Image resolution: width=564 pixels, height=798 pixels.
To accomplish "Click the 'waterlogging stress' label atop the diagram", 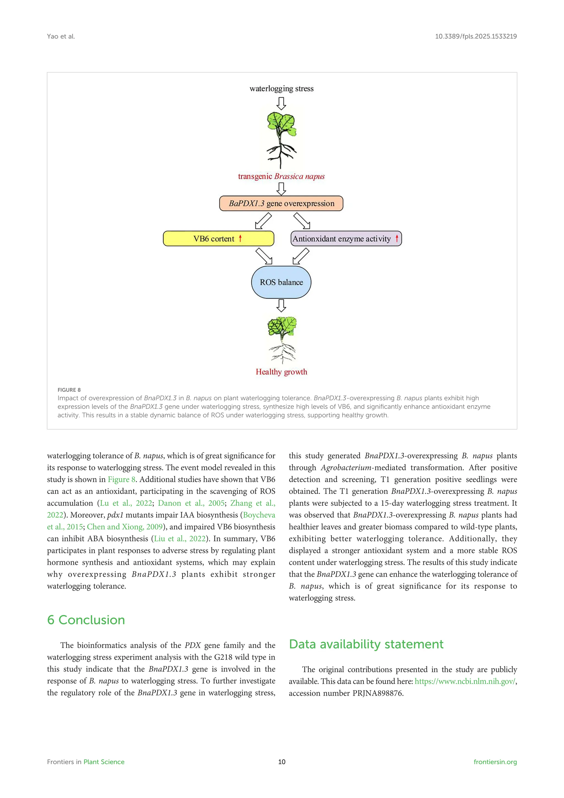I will coord(281,89).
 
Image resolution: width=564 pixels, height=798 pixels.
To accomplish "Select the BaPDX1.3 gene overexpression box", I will coord(281,203).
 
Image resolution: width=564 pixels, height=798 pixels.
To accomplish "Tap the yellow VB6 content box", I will coord(218,239).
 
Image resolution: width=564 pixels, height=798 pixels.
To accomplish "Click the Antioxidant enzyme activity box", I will coord(346,239).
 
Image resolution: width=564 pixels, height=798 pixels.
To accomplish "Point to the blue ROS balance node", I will coord(281,282).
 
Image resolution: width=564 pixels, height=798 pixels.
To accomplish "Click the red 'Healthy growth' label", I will coord(281,372).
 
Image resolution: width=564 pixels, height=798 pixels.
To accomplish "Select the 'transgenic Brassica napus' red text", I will coord(281,176).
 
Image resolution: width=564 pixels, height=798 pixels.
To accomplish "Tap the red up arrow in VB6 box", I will coord(240,238).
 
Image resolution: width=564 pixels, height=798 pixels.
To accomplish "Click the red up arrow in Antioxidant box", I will coord(397,238).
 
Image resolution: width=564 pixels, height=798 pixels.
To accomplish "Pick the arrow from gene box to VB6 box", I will coord(263,221).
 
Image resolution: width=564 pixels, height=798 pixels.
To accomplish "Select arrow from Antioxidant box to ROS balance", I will coord(301,256).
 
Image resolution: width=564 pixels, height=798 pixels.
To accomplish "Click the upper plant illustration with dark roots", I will coord(281,139).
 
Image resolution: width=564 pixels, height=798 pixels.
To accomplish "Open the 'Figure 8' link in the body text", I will coord(121,480).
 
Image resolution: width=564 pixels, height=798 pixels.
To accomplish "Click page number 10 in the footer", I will coord(282,762).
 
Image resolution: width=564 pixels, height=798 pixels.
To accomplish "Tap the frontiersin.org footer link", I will coord(495,762).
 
